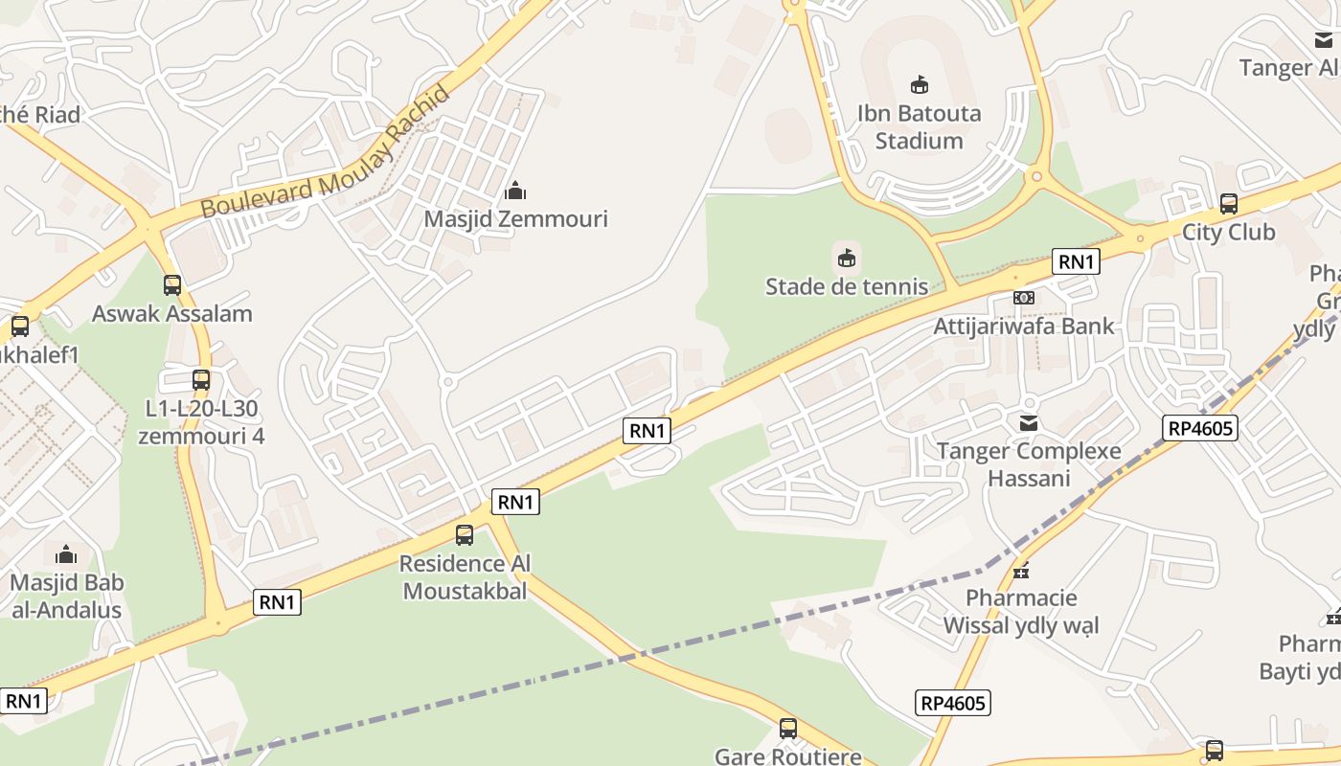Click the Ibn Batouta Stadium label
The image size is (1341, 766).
919,126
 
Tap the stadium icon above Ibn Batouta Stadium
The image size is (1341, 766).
920,85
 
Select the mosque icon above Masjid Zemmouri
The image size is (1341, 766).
515,191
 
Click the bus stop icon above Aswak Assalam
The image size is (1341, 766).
172,285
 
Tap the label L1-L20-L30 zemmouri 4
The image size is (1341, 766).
201,422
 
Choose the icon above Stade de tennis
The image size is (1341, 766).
847,258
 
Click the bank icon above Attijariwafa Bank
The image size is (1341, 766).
1024,298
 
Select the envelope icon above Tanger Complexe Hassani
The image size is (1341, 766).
1029,422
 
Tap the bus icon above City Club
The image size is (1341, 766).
1229,204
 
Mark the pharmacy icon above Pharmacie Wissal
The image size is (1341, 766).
1021,570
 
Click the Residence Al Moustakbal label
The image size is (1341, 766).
465,577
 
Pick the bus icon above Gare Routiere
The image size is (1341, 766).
788,729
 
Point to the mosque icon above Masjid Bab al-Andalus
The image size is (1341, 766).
66,554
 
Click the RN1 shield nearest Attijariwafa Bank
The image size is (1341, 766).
1076,261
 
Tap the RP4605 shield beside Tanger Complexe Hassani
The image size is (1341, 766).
1201,428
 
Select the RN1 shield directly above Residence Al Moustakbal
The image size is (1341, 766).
515,502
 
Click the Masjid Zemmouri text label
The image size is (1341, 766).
515,219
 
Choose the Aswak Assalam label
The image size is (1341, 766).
172,314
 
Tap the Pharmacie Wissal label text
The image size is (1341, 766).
1021,612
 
